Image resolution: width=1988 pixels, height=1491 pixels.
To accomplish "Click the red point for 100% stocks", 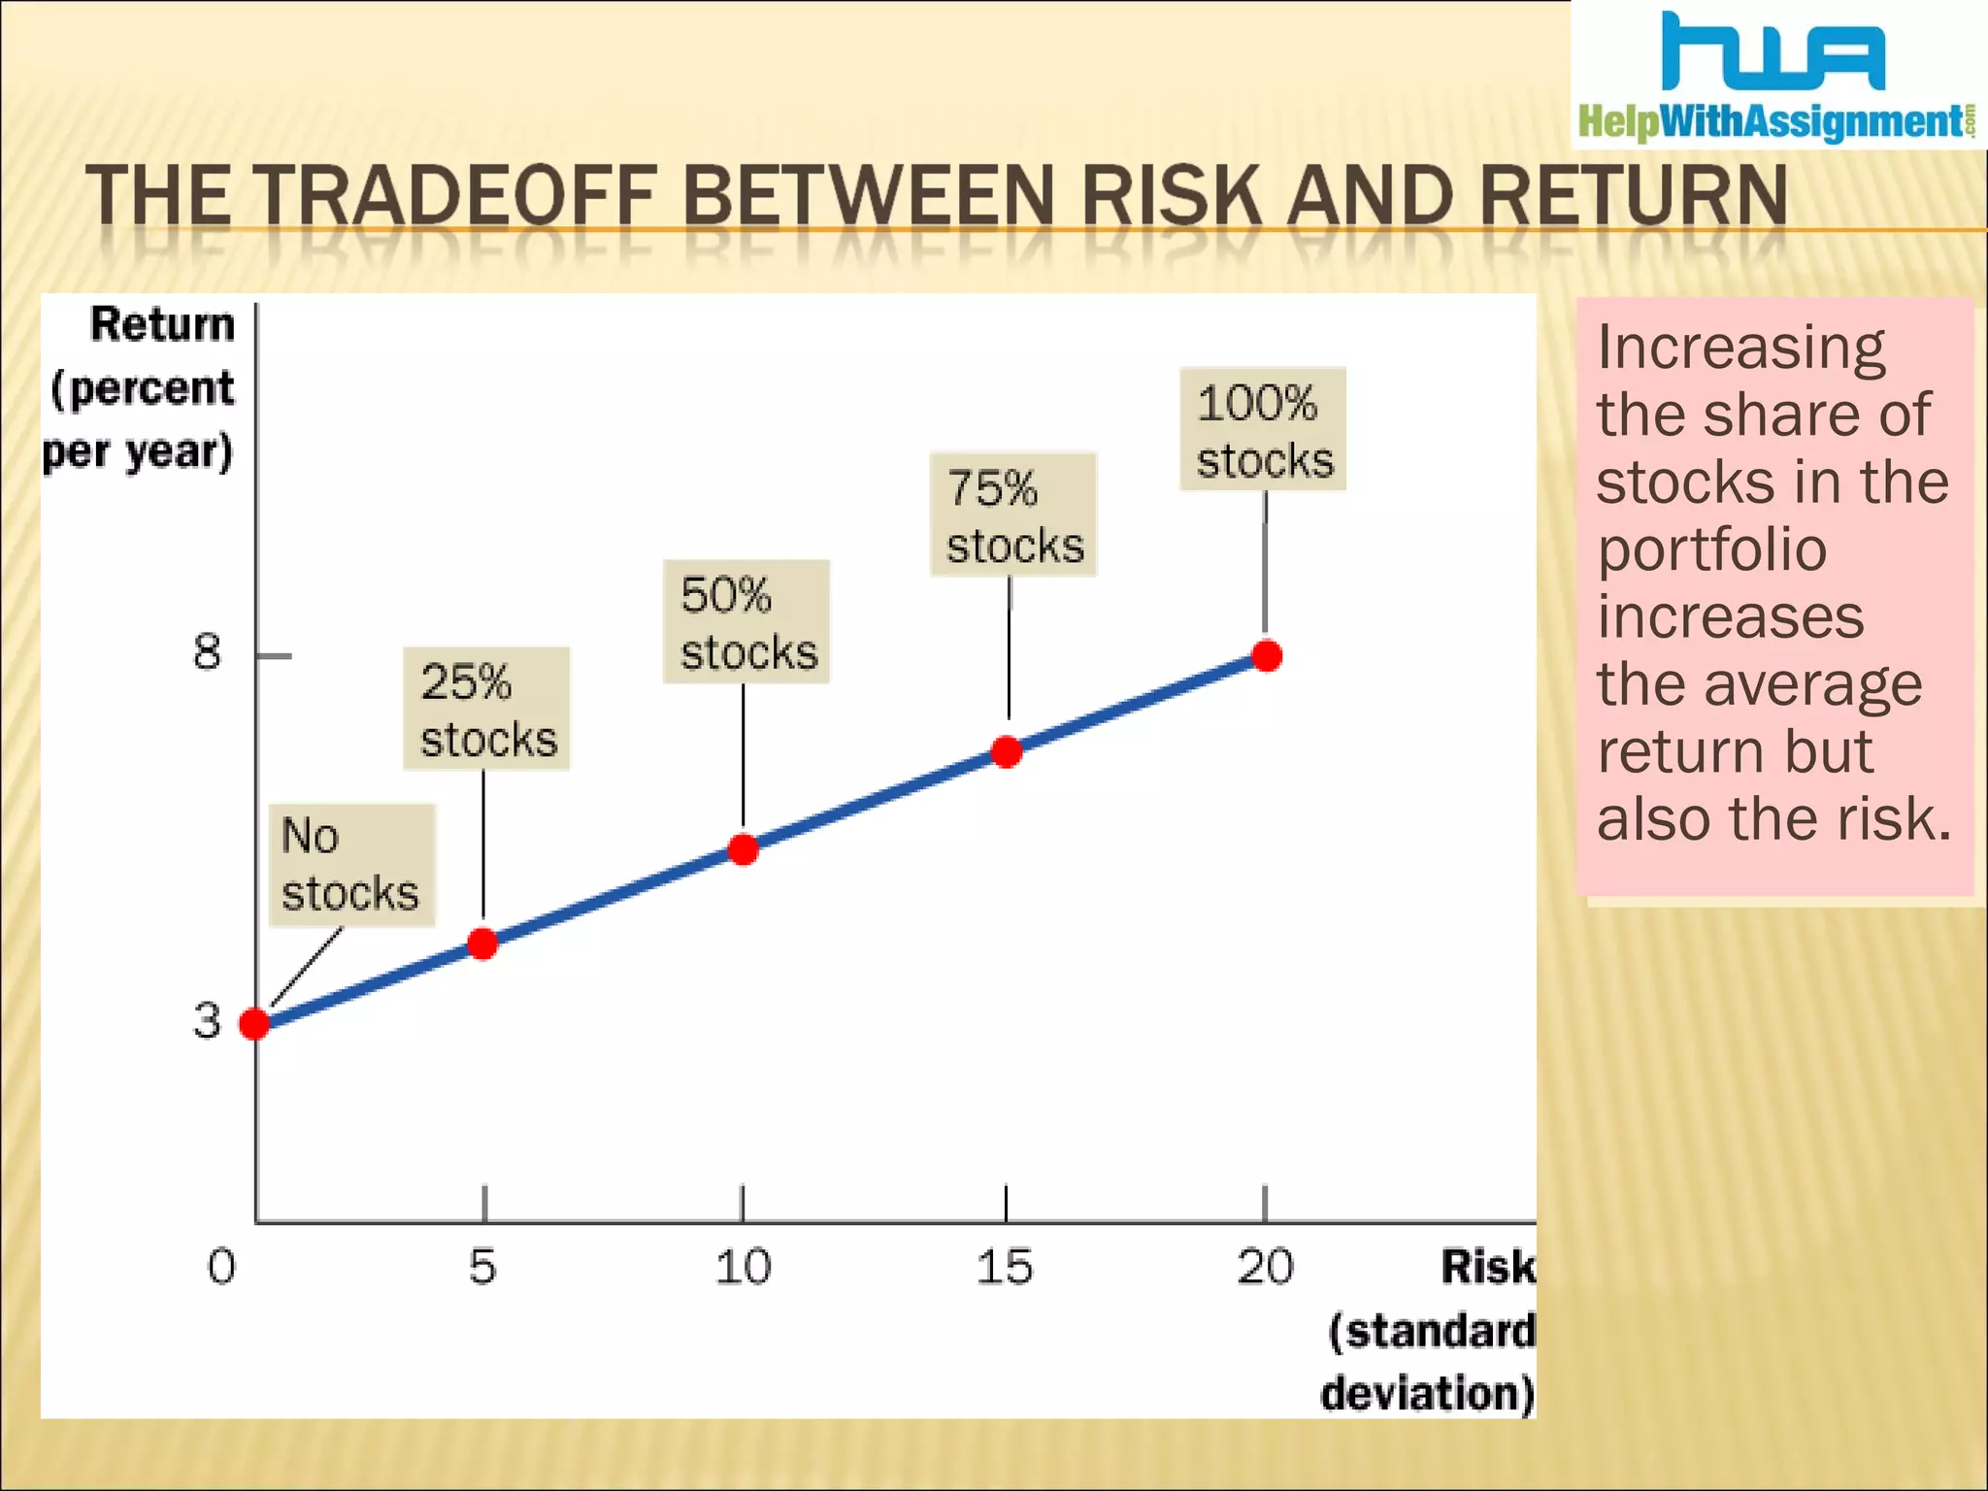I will tap(1267, 656).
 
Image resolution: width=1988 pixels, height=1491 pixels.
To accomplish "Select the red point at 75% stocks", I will tap(1007, 751).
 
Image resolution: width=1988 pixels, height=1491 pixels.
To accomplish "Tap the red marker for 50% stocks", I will tap(744, 849).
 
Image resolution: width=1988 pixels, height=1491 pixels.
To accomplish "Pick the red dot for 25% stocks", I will tap(482, 944).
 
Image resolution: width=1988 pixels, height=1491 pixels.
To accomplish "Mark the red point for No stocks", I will tap(254, 1023).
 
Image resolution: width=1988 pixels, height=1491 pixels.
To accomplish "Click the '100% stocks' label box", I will tap(1263, 430).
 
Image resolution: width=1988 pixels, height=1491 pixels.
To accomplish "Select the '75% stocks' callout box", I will tap(1013, 515).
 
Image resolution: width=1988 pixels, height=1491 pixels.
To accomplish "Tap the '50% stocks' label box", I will tap(746, 622).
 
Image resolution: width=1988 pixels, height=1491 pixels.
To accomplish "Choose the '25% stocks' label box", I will tap(486, 710).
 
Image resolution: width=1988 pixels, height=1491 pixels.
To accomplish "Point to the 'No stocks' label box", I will tap(351, 865).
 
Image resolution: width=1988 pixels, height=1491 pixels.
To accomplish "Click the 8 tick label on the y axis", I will tap(207, 652).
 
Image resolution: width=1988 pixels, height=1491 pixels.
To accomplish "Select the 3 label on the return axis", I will tap(207, 1021).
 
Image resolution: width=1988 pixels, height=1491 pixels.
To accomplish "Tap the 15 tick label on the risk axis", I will tap(1004, 1268).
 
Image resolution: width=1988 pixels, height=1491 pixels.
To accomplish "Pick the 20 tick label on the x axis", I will tap(1265, 1268).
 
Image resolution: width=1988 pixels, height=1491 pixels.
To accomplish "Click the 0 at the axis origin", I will tap(221, 1268).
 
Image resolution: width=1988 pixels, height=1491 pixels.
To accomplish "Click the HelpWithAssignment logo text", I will tap(1773, 122).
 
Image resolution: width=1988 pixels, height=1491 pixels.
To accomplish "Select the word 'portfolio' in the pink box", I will tap(1712, 549).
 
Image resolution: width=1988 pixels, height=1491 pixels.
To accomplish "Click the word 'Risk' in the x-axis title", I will tap(1487, 1268).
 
